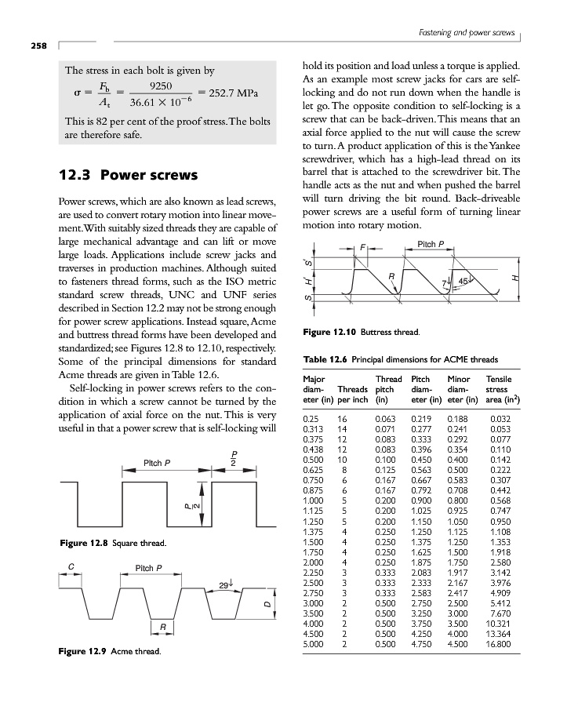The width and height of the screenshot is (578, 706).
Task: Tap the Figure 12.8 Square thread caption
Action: point(111,543)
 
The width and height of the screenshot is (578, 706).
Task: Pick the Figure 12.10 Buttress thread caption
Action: point(362,333)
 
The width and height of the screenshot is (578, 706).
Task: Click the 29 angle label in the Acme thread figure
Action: point(225,584)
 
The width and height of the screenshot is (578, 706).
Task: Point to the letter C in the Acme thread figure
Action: point(71,566)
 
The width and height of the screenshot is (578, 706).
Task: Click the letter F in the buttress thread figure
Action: point(362,249)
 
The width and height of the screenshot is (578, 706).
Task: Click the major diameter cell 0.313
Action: point(312,429)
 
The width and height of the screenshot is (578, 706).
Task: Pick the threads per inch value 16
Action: point(342,420)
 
